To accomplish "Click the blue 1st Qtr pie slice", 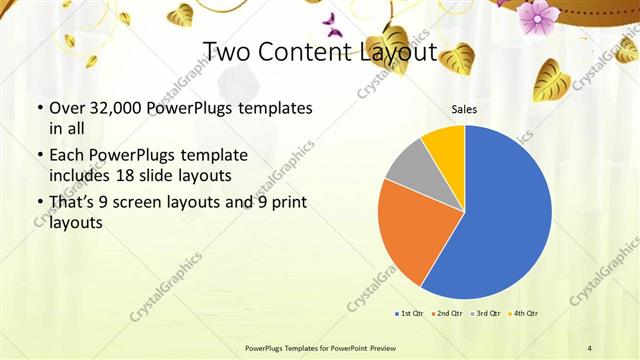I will (500, 220).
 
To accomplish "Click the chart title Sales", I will (464, 108).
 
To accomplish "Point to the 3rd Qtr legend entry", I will (486, 314).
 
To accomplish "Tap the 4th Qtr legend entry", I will (525, 314).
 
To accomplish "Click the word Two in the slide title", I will (228, 51).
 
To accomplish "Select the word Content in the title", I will (306, 51).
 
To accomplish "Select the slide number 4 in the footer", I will (589, 347).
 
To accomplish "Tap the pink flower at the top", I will (538, 15).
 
